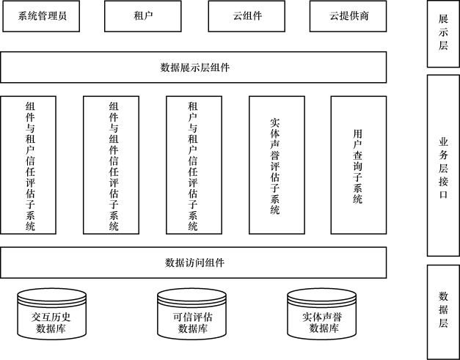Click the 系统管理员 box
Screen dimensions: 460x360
(41, 16)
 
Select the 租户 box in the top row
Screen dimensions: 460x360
(143, 16)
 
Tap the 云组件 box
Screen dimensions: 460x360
(247, 16)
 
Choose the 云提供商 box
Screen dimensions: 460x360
(348, 16)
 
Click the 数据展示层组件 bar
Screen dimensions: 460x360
(194, 67)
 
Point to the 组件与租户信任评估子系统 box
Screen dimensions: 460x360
(28, 165)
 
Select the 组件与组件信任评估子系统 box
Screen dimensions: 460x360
(112, 165)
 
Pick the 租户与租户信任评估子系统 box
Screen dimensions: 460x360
(194, 165)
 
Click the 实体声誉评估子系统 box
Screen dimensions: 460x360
(277, 165)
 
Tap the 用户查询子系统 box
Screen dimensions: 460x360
(359, 165)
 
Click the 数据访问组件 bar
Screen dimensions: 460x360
(194, 262)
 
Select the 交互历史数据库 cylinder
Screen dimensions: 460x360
(51, 314)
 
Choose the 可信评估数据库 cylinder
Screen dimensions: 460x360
(192, 314)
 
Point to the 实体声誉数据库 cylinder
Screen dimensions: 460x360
(322, 314)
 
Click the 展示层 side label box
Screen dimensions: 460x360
(443, 34)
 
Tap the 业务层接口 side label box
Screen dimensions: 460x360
(443, 166)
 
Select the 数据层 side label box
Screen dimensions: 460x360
(443, 312)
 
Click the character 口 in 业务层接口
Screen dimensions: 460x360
(443, 194)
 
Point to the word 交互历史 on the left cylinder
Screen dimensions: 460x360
(51, 317)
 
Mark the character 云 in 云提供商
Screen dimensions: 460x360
(334, 16)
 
